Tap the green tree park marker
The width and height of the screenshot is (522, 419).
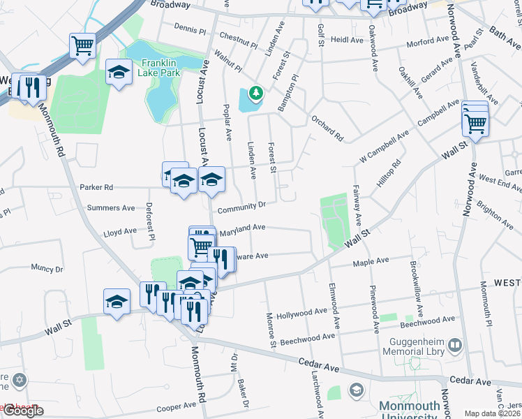[x=256, y=92]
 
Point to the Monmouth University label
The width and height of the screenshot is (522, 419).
[x=410, y=407]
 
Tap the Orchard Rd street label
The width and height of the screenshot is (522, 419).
[x=328, y=127]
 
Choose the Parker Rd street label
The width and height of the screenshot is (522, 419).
[x=96, y=187]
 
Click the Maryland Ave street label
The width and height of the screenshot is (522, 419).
[x=242, y=229]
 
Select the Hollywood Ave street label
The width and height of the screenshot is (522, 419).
[x=301, y=312]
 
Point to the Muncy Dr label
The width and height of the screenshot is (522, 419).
[x=47, y=267]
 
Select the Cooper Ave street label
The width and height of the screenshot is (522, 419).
[x=176, y=406]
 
